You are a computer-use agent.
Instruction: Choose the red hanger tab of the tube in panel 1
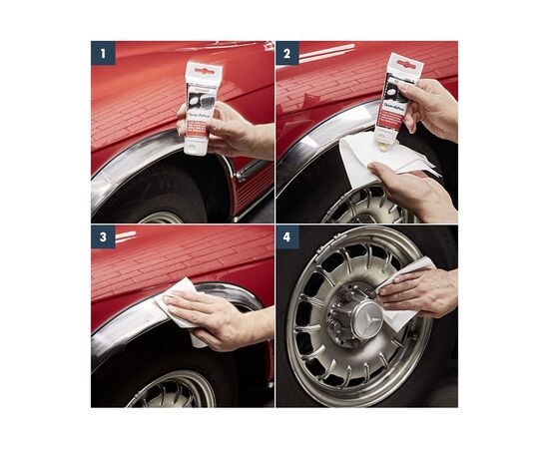point(204,70)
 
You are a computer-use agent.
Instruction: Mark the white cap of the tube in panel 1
point(196,146)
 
